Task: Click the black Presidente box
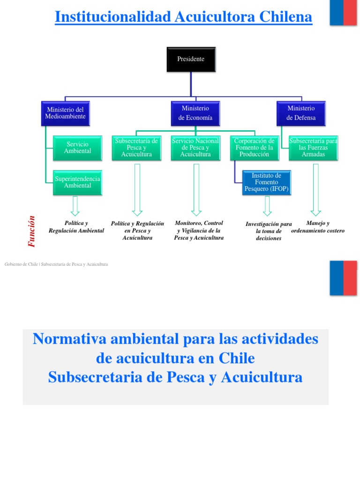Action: click(191, 59)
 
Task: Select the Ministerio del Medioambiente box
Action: click(65, 113)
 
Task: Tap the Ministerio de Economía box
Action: click(195, 113)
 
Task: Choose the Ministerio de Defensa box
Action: click(301, 113)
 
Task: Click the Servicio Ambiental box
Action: click(77, 148)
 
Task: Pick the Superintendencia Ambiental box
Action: click(77, 182)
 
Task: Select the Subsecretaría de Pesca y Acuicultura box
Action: click(136, 148)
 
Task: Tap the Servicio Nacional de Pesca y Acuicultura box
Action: click(195, 148)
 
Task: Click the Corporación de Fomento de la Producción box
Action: click(254, 148)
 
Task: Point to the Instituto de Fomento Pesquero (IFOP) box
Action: click(267, 182)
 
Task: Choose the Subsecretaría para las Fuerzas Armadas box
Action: click(313, 148)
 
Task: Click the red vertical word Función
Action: click(32, 231)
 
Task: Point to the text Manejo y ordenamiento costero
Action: click(318, 227)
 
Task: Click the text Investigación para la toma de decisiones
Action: click(269, 231)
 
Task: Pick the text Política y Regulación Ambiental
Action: click(76, 227)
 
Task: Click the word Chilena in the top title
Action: click(285, 17)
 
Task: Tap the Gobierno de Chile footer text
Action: click(56, 264)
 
